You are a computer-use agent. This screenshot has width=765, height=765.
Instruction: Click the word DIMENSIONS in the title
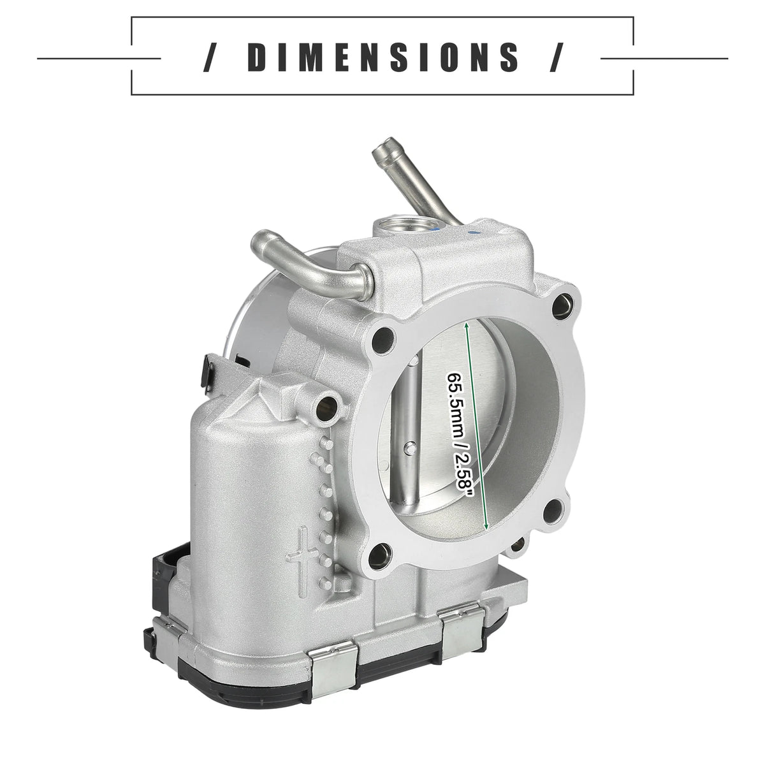[382, 57]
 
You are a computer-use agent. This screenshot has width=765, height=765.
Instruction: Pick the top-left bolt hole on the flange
[384, 338]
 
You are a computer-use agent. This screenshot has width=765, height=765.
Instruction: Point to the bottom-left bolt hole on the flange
[379, 555]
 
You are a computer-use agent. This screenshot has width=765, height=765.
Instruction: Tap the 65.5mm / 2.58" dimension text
[456, 437]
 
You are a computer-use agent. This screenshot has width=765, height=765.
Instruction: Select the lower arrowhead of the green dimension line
[486, 526]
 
